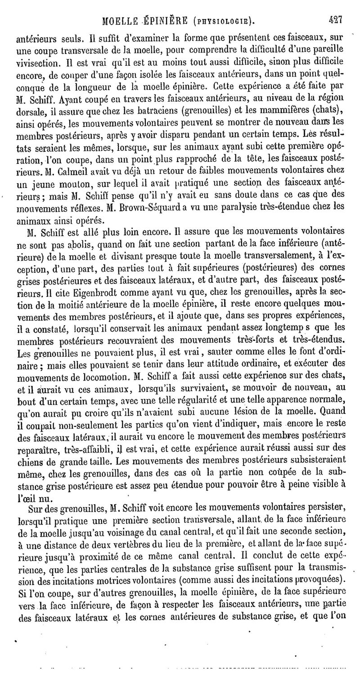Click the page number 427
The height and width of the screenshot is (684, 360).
click(335, 19)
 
